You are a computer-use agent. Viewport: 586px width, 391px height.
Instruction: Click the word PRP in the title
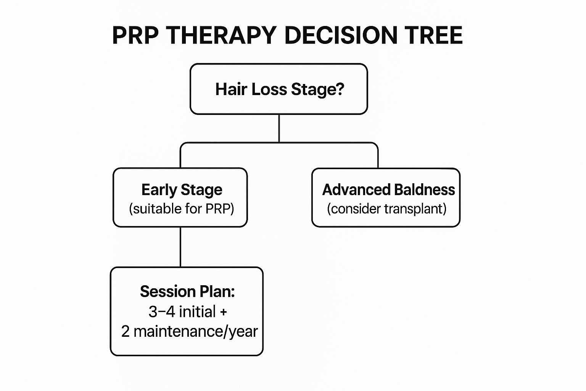click(135, 36)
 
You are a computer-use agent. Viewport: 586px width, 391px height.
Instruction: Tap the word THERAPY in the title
click(221, 36)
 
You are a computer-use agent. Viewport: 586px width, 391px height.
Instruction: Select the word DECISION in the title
click(341, 36)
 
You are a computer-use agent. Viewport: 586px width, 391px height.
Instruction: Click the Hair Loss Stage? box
click(279, 89)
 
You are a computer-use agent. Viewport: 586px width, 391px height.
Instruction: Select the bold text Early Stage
click(182, 190)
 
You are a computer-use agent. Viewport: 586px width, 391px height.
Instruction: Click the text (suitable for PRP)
click(182, 209)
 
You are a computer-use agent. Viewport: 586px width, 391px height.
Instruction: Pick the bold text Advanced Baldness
click(388, 190)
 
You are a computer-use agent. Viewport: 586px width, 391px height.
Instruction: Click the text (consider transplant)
click(386, 209)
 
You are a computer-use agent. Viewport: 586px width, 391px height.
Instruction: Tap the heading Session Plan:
click(187, 291)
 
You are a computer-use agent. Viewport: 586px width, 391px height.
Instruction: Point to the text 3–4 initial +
click(188, 312)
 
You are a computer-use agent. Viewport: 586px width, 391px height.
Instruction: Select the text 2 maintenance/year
click(189, 331)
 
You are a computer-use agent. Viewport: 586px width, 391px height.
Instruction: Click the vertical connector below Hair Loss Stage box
click(279, 128)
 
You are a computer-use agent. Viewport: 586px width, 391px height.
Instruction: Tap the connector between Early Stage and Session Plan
click(180, 247)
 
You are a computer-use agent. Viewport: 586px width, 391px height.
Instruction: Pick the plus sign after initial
click(223, 312)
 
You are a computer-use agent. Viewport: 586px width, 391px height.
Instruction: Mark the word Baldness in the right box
click(424, 190)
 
